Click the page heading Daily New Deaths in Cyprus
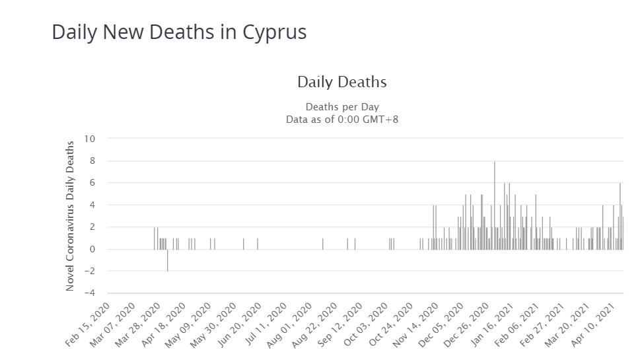(x=179, y=32)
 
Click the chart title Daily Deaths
(x=341, y=83)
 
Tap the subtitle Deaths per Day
(x=341, y=107)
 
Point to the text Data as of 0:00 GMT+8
(x=341, y=120)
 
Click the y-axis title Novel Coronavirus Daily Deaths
(x=69, y=215)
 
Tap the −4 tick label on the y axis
(x=90, y=293)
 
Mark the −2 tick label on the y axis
(x=90, y=271)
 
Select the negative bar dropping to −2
(x=167, y=260)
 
